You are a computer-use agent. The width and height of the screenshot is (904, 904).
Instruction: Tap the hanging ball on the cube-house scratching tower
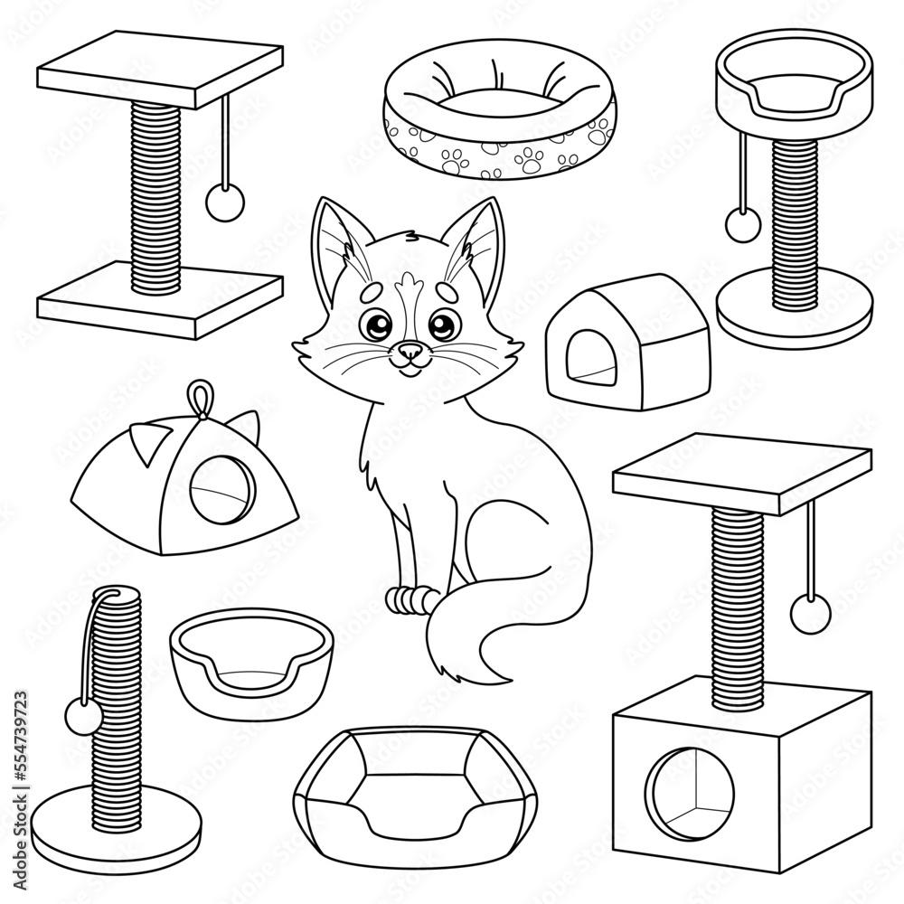pos(810,613)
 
